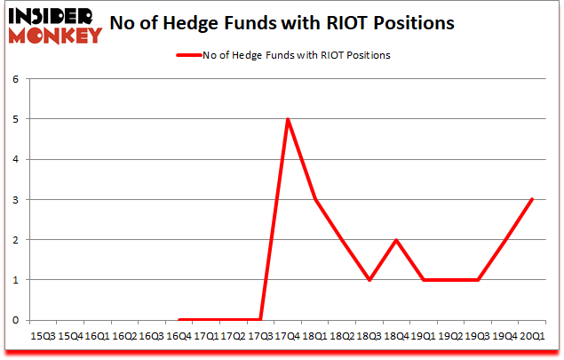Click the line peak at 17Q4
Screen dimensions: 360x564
pyautogui.click(x=288, y=119)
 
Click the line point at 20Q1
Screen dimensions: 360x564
pyautogui.click(x=533, y=199)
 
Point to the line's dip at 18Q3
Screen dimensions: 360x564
pyautogui.click(x=369, y=280)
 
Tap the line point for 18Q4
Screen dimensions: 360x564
pyautogui.click(x=397, y=240)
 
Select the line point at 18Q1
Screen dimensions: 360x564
pyautogui.click(x=315, y=199)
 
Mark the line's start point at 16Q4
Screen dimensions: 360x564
pyautogui.click(x=179, y=320)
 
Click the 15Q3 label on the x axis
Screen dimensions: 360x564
pyautogui.click(x=43, y=337)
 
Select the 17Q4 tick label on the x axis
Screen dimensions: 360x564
pyautogui.click(x=288, y=337)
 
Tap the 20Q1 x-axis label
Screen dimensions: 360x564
pyautogui.click(x=533, y=337)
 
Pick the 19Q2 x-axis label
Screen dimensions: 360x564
pyautogui.click(x=451, y=337)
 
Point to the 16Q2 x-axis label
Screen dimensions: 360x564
pyautogui.click(x=124, y=337)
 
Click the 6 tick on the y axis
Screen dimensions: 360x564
pyautogui.click(x=15, y=78)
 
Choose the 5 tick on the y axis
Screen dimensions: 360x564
pyautogui.click(x=15, y=119)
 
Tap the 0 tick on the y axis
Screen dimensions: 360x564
pyautogui.click(x=15, y=320)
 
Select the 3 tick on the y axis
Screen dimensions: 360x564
pyautogui.click(x=15, y=199)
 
